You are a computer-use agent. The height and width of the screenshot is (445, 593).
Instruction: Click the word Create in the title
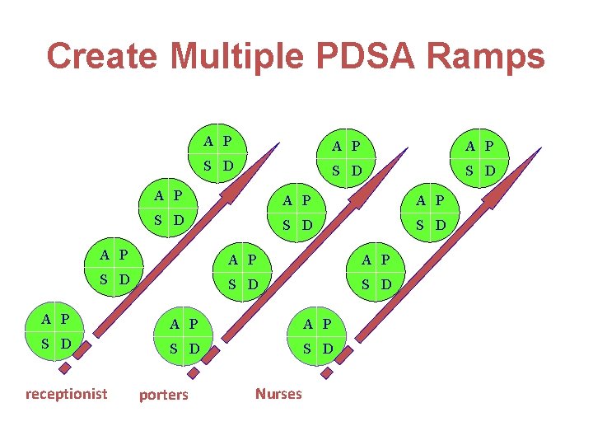(x=102, y=56)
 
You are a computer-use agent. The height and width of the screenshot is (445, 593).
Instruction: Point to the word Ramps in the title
(x=492, y=56)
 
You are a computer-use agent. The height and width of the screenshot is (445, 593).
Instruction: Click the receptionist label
(x=66, y=393)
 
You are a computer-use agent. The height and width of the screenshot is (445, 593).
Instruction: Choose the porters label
(x=163, y=395)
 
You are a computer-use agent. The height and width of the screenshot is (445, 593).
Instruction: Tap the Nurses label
(x=278, y=393)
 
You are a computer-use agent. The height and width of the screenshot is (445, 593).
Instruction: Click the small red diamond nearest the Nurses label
(x=326, y=373)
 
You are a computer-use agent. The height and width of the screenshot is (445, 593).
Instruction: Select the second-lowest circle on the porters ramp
(x=243, y=272)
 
